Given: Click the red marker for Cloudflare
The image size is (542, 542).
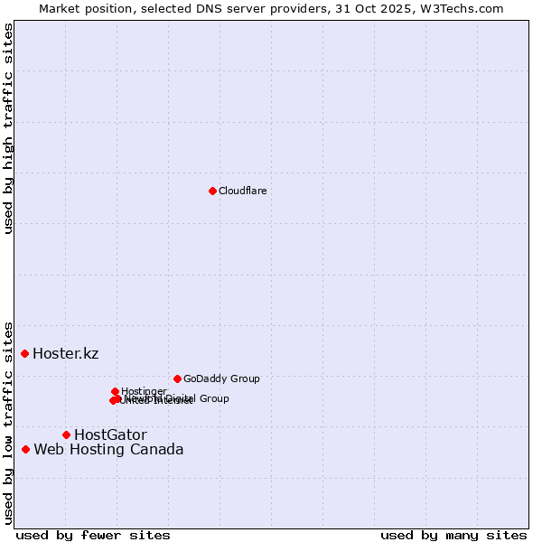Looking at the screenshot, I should pos(212,191).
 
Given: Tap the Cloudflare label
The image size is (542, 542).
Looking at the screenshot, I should pos(242,191).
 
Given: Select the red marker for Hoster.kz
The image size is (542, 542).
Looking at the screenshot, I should pos(25,353).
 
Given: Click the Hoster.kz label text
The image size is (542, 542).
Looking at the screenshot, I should pos(65,353).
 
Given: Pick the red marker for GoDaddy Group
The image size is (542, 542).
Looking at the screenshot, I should pos(177,378).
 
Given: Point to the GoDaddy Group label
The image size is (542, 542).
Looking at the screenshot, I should pos(221,378).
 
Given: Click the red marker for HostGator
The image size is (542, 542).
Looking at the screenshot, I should pos(66,435).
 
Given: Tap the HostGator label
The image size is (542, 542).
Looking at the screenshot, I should pos(110,435).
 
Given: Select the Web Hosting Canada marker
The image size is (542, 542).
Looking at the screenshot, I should pos(26,449).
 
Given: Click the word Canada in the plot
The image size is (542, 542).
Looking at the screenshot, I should pos(156,449).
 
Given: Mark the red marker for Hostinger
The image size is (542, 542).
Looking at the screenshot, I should pos(116,391).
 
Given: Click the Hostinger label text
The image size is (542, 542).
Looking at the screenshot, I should pos(144,391).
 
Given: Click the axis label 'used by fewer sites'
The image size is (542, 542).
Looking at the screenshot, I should pos(93,536).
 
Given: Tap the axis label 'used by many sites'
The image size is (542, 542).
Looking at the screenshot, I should pos(453,536).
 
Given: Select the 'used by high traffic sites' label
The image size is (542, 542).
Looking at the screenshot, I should pos(9,128).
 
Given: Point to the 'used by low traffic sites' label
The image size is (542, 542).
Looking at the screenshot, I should pos(9,422).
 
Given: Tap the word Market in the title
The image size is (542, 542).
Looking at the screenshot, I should pos(60,8).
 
